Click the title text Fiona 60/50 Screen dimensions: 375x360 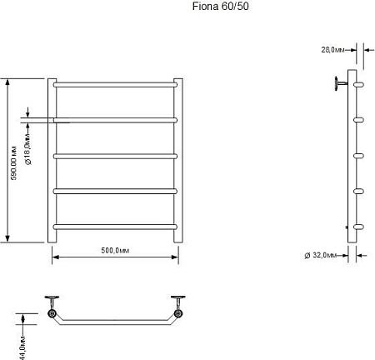[x=220, y=7]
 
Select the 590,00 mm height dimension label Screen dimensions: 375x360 [x=13, y=162]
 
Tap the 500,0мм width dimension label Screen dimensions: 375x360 [x=115, y=251]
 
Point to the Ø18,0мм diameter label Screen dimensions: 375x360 [x=28, y=149]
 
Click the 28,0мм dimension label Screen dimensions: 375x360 [x=332, y=50]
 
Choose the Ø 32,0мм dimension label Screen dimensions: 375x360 [x=321, y=255]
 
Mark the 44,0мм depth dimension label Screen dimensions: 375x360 [x=23, y=347]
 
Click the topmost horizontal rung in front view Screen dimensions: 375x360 [x=115, y=85]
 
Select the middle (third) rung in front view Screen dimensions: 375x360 [x=115, y=156]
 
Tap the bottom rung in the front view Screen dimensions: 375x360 [x=115, y=227]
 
